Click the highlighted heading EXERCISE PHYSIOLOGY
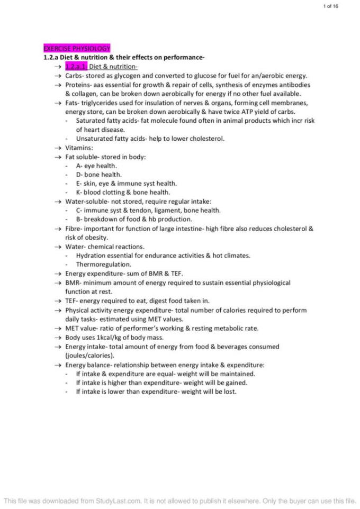(x=77, y=48)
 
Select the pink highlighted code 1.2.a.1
(x=76, y=66)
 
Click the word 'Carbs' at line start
(x=74, y=76)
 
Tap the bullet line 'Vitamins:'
(x=79, y=148)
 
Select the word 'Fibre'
(x=73, y=229)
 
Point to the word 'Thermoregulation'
(x=104, y=265)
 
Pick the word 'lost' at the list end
(x=229, y=392)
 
